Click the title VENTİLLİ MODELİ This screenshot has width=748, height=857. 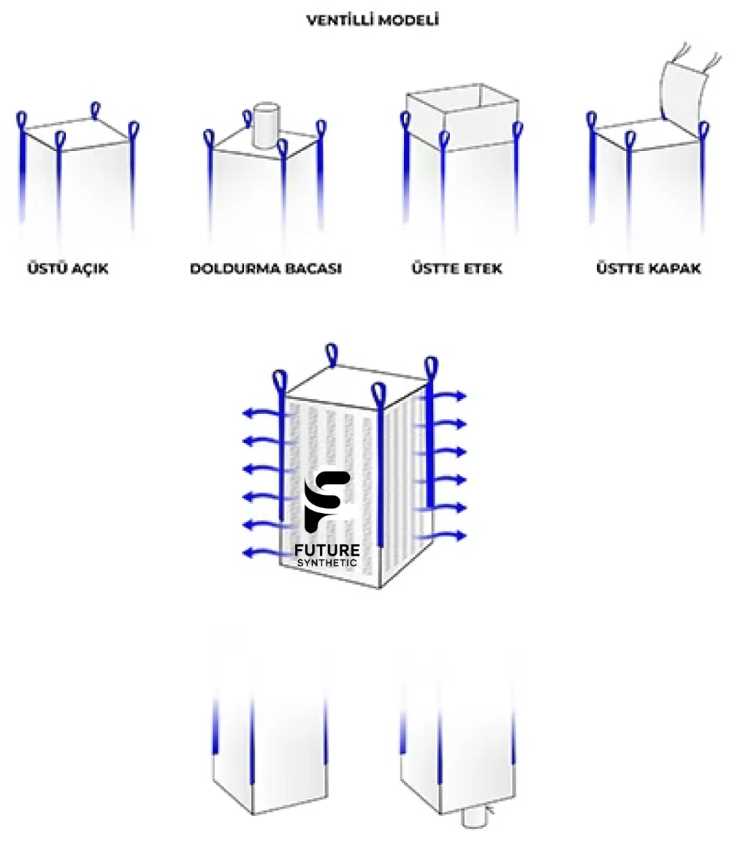click(x=373, y=20)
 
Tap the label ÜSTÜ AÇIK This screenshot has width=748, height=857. click(x=67, y=269)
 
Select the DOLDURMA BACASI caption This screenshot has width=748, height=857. click(x=265, y=269)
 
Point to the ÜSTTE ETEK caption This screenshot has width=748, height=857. click(x=457, y=269)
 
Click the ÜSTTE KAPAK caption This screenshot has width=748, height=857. click(x=649, y=269)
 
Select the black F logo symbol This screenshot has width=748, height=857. click(x=327, y=501)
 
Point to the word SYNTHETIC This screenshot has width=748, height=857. click(x=327, y=563)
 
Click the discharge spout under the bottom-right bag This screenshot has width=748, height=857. click(x=476, y=816)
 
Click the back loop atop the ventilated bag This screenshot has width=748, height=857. click(x=332, y=354)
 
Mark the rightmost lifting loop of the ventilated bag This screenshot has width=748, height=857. click(x=430, y=368)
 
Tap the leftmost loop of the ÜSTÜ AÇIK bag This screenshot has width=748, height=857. click(x=22, y=120)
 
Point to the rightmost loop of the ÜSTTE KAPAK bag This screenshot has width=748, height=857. click(x=703, y=130)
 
